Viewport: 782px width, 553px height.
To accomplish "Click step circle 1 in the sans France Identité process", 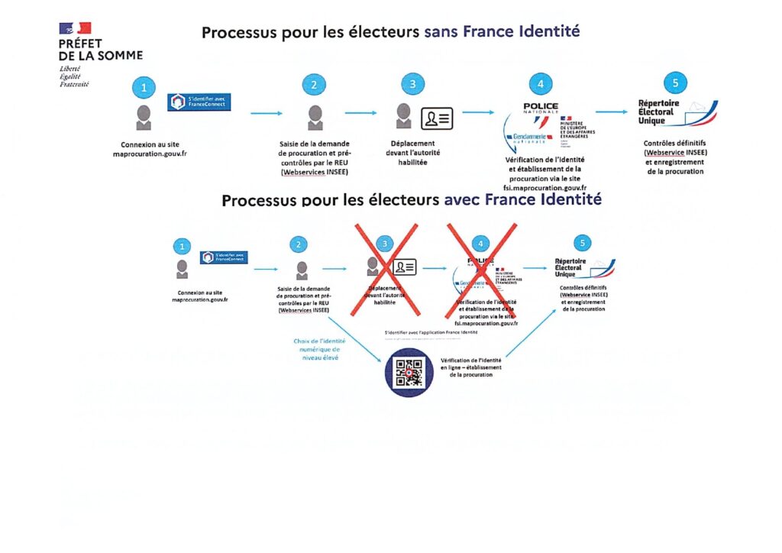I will coord(144,87).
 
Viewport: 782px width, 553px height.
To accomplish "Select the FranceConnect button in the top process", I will coord(199,102).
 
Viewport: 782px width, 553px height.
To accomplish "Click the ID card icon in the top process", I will coord(438,118).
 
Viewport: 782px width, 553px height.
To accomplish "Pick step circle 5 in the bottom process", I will coord(584,243).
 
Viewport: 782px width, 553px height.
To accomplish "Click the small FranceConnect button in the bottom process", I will coord(224,257).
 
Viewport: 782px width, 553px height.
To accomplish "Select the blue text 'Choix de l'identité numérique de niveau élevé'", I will coord(321,349).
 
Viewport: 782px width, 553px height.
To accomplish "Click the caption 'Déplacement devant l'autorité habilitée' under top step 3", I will coord(414,153).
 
